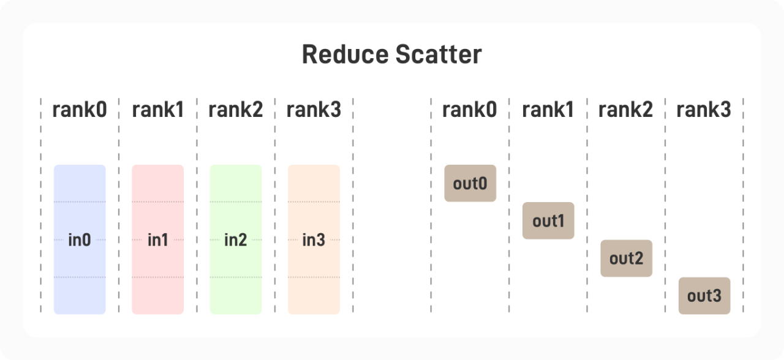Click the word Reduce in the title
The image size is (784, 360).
point(345,54)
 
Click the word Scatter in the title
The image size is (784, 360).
point(439,54)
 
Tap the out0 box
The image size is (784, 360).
point(470,183)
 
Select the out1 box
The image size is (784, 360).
point(548,221)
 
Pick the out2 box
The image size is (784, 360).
point(626,258)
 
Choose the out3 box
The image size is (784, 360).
point(704,296)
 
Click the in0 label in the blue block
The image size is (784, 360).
point(80,240)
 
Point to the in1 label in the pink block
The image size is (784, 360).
point(157,240)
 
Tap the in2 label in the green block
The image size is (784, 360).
point(236,240)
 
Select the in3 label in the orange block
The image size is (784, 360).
point(314,240)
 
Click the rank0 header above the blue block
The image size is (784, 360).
point(80,110)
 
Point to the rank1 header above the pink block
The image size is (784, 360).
point(158,110)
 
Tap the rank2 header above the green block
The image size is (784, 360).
point(236,110)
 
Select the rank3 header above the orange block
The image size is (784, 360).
point(314,110)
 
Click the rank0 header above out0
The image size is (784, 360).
point(470,110)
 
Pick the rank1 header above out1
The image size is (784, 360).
point(548,110)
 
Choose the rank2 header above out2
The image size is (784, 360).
point(626,110)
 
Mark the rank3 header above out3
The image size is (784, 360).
point(704,110)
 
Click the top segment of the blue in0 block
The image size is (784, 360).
point(80,183)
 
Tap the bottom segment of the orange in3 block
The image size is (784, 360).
point(314,296)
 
